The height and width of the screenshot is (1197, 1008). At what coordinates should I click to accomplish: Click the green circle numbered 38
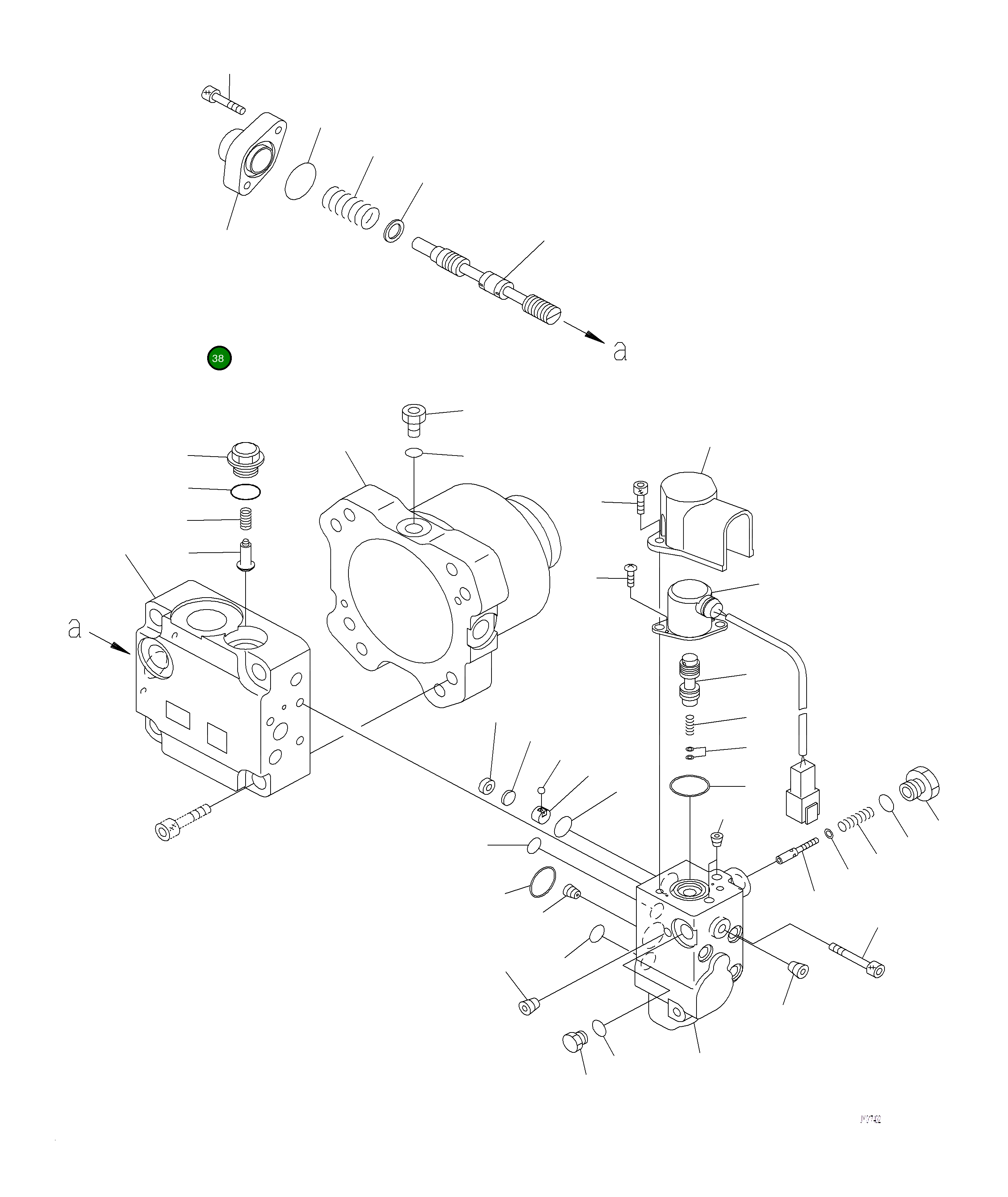pos(219,358)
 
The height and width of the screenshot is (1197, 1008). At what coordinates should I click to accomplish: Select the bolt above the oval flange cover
pos(223,101)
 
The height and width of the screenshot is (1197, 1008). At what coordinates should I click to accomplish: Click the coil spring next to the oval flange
pos(350,206)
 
